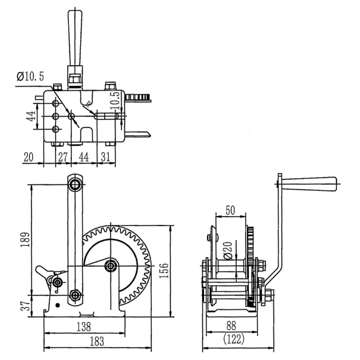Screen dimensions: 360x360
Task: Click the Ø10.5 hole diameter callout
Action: (x=30, y=76)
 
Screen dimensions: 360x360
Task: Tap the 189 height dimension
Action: (x=25, y=240)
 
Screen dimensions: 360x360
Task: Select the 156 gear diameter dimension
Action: (x=164, y=271)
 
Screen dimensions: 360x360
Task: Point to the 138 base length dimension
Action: (x=83, y=327)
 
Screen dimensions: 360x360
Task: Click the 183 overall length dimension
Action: (x=97, y=342)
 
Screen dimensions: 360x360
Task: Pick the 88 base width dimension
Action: (x=231, y=325)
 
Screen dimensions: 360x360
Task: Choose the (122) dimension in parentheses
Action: (x=234, y=339)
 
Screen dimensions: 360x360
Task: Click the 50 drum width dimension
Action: (x=231, y=210)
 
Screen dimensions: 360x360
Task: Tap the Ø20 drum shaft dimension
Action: (x=229, y=251)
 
